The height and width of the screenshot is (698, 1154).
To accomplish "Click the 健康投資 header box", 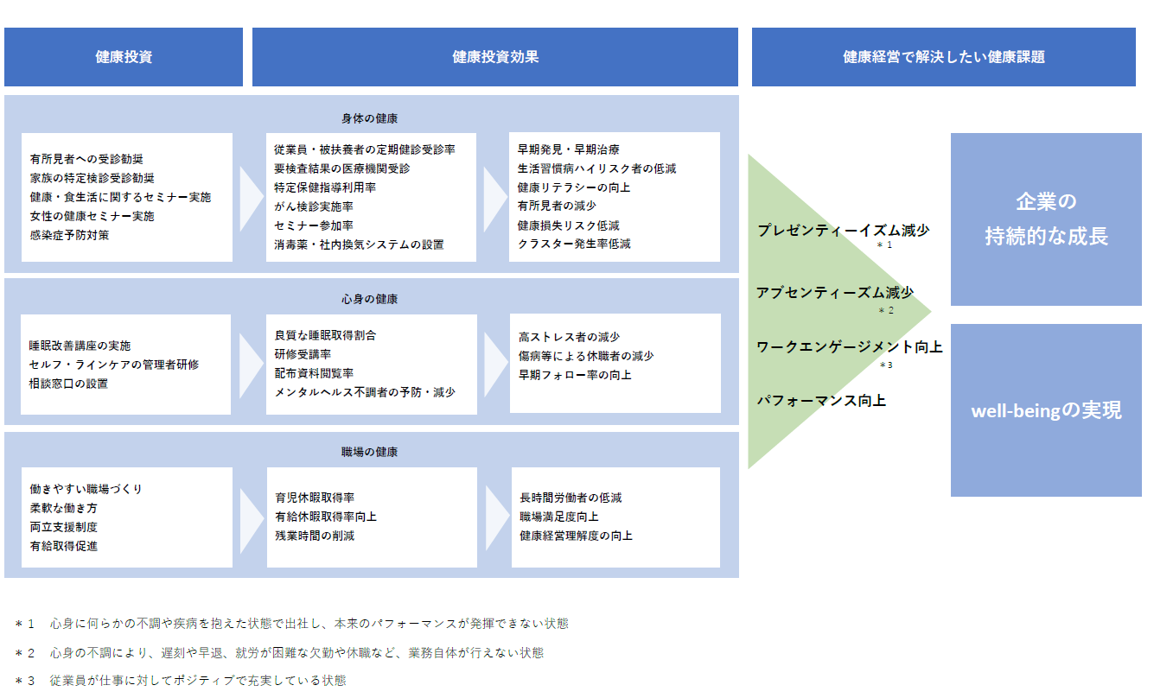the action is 124,57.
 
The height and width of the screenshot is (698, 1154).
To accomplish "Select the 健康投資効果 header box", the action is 495,57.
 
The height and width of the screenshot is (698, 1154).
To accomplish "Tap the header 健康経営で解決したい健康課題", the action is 944,57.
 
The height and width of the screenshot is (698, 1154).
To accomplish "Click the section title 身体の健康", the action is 369,119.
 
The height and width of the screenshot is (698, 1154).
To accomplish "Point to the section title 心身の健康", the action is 369,299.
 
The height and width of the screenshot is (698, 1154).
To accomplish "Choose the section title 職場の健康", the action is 369,452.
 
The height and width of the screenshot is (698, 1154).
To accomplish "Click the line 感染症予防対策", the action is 69,235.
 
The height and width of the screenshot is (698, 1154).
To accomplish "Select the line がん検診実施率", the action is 314,206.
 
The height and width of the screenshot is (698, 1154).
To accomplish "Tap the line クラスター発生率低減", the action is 574,244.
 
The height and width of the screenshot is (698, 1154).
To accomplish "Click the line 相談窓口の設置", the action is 68,384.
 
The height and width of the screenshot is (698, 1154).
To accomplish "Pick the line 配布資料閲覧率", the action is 315,373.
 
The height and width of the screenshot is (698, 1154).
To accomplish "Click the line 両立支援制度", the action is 63,527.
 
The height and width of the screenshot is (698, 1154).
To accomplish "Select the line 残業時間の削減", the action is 315,536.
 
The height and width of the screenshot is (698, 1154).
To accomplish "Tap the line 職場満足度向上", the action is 559,517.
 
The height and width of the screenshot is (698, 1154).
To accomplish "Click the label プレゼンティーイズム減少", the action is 844,230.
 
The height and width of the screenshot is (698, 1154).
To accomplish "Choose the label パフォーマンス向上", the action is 821,401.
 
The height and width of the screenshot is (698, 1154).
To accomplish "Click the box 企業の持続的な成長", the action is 1046,219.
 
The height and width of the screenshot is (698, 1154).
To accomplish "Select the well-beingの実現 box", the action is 1046,410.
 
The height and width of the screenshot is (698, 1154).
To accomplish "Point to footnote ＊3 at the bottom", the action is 181,681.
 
